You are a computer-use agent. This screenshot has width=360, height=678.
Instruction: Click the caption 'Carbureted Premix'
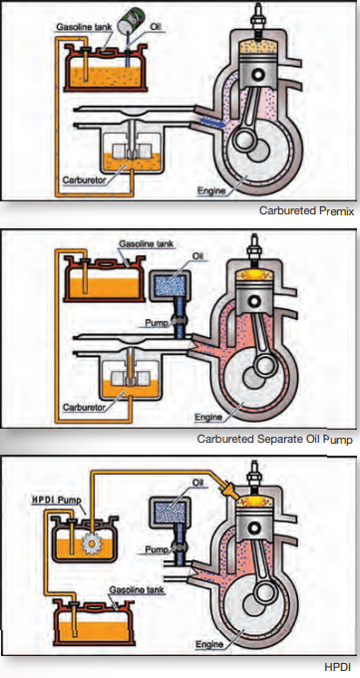306,210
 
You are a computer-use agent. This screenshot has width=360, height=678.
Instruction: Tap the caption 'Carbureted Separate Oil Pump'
274,439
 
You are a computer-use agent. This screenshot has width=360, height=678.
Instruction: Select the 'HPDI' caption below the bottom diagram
339,665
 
